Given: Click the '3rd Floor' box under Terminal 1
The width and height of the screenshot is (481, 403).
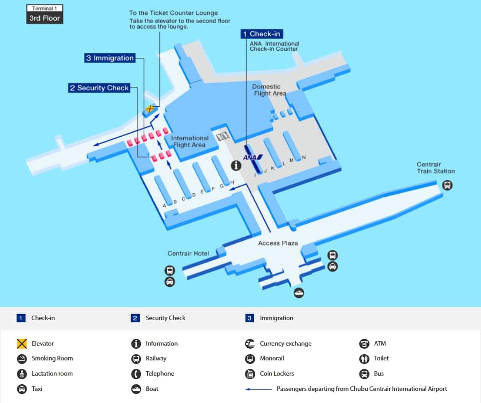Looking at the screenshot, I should point(45,18).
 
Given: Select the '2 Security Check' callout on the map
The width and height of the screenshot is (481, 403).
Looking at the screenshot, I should point(99,88).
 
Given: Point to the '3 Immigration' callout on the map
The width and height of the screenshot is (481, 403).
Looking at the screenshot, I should point(110,58).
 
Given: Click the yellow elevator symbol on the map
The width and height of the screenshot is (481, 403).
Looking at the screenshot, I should point(150,108).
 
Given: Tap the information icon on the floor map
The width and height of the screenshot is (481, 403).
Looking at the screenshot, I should point(236,165).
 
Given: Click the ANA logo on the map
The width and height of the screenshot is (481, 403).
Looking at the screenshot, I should point(253,157).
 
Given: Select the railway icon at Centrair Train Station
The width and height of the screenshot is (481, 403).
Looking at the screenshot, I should point(447,185).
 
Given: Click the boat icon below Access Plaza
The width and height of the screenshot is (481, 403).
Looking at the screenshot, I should point(299,293).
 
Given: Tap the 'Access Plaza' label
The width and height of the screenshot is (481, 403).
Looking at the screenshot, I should point(278,243).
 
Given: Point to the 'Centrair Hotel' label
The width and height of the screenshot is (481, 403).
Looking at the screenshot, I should point(188,253).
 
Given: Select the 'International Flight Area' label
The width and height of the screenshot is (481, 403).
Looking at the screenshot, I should point(189,141).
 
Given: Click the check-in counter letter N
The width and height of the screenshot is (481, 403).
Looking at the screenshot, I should point(304,157).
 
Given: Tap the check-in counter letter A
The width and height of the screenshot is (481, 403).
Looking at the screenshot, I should point(164,206).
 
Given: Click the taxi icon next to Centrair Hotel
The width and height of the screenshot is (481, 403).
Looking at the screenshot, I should point(170,282).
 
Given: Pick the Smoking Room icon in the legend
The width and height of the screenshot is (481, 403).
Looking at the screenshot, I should point(22,359).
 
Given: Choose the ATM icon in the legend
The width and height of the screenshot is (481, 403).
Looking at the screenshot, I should point(364,344).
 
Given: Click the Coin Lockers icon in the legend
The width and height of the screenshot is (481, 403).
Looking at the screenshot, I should point(250,374).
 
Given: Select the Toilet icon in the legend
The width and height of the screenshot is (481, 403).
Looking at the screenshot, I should point(364,359).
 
